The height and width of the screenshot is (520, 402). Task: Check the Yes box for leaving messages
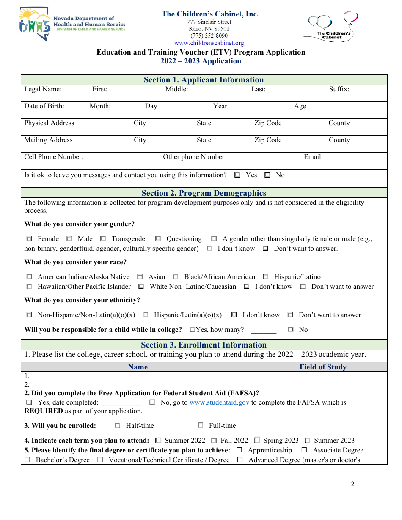tap(237, 175)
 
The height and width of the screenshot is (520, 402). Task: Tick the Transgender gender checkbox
tap(103, 239)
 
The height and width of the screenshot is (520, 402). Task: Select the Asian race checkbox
tap(140, 277)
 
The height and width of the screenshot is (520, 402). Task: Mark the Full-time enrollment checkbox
tap(201, 425)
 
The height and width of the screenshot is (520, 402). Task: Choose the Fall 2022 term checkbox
tap(214, 441)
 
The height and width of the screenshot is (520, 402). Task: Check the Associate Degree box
tap(304, 450)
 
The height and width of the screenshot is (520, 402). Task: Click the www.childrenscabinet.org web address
tap(209, 43)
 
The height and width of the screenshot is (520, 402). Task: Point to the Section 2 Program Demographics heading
tap(204, 193)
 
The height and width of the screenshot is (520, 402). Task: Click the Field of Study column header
tap(323, 367)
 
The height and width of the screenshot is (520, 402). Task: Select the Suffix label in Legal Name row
tap(339, 89)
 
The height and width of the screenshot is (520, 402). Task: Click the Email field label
tap(312, 157)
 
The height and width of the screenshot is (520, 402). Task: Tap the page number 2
tap(352, 484)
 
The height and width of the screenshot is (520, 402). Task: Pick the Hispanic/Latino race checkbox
tap(266, 277)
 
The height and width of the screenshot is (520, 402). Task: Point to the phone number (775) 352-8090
tap(209, 36)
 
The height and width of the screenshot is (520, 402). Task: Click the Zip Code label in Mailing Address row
tap(268, 140)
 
